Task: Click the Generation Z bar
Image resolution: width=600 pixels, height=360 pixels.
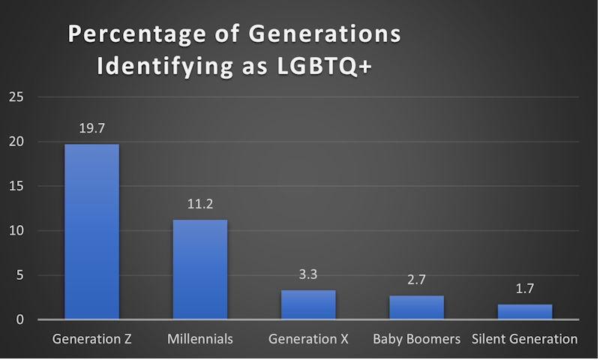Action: click(x=91, y=232)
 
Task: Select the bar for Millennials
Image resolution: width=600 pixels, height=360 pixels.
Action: click(x=200, y=270)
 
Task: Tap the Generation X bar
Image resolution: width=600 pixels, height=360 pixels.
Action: click(x=308, y=304)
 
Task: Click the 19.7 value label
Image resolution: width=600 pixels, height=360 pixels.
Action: click(x=91, y=128)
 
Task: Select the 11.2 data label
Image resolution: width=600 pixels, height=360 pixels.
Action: click(x=200, y=204)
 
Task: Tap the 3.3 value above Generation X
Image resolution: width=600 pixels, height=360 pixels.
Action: click(x=308, y=274)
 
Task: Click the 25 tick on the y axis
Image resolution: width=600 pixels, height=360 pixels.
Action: click(x=16, y=97)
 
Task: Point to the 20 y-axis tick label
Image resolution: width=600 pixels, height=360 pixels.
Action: click(x=16, y=142)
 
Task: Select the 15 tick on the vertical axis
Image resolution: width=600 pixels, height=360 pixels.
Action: click(x=16, y=186)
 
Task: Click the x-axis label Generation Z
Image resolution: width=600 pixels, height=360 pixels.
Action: click(x=91, y=339)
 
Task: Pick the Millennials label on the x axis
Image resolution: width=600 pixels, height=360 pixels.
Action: click(x=200, y=339)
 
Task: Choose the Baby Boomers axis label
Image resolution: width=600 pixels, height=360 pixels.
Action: click(x=416, y=339)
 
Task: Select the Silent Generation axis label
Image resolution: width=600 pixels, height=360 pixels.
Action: click(x=525, y=339)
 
